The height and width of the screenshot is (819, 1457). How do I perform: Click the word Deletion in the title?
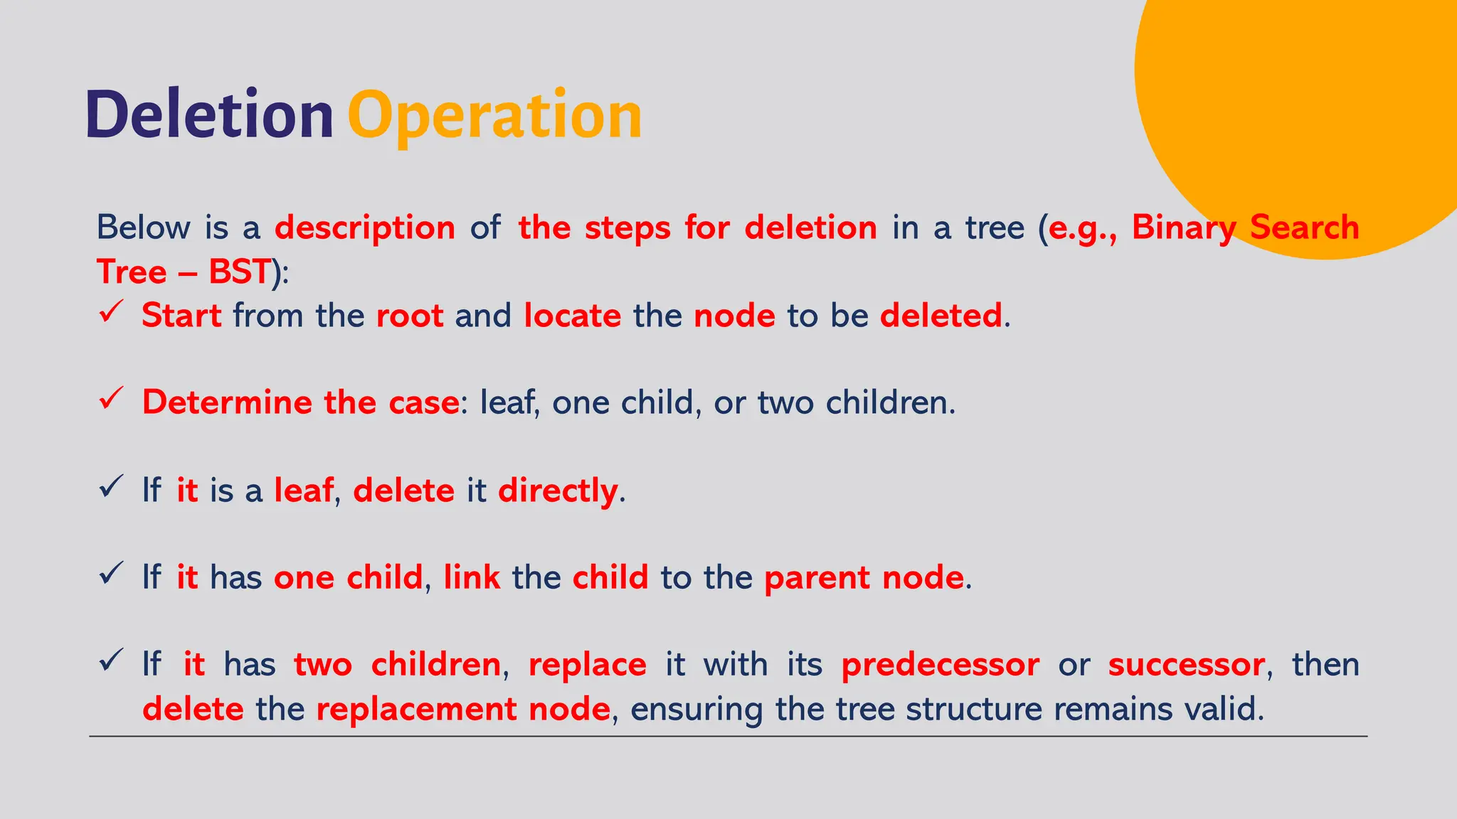point(209,115)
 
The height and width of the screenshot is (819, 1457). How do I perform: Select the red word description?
point(365,228)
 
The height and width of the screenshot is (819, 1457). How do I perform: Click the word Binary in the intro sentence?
point(1184,228)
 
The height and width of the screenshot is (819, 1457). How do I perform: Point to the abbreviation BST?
point(239,272)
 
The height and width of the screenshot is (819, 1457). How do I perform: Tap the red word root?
point(410,316)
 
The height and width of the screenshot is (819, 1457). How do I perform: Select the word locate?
point(572,316)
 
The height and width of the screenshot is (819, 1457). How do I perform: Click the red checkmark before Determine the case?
point(112,398)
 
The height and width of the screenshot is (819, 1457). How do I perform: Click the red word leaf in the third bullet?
point(304,491)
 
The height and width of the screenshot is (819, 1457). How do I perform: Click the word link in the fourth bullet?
point(472,577)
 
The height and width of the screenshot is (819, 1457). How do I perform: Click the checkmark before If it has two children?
point(112,660)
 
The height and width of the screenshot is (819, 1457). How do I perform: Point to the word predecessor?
point(940,665)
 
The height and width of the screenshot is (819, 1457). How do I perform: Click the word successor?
point(1186,665)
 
